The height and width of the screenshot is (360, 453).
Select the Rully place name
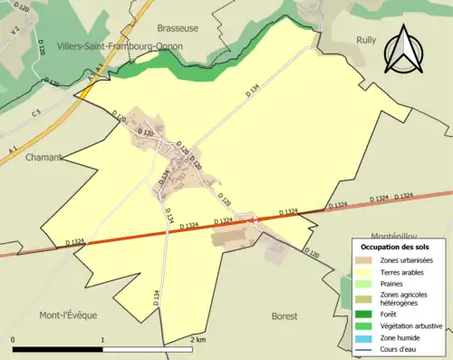pos(366,39)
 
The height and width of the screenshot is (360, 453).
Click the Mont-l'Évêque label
pos(67,315)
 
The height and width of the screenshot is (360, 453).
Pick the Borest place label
pos(284,316)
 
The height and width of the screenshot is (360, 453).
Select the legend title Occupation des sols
pos(395,247)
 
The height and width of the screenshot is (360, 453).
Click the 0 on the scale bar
pos(14,340)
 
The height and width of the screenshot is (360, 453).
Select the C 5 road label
pos(36,112)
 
